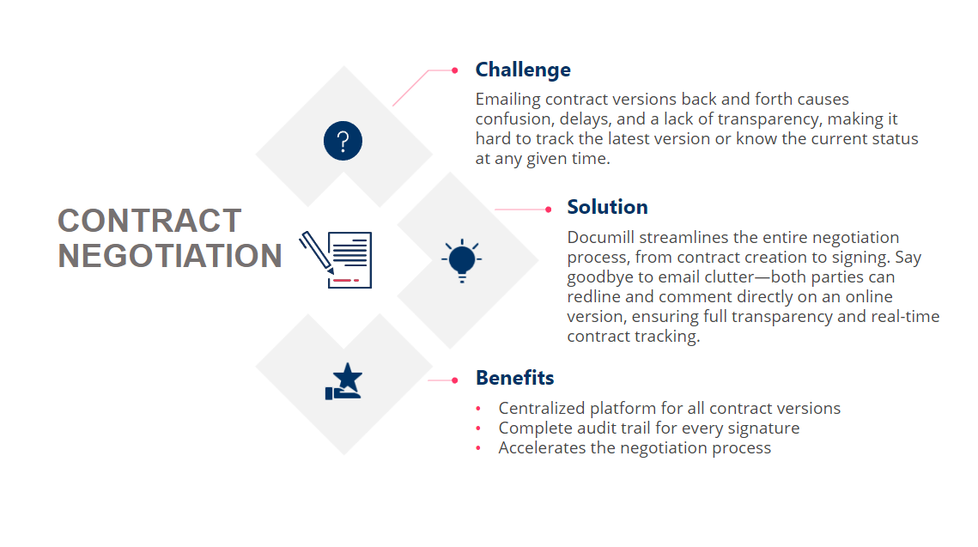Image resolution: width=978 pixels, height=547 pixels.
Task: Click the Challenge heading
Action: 523,70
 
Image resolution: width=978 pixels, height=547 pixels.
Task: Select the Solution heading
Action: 607,207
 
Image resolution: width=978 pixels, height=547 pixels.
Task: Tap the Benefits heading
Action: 514,378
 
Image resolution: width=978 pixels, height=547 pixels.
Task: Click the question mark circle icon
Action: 343,141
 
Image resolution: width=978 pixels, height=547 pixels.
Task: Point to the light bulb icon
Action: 461,260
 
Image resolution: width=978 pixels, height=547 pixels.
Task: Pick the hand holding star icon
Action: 344,381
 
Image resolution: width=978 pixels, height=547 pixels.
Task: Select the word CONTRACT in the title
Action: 149,221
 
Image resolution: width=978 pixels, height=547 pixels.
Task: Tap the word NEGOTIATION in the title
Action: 170,256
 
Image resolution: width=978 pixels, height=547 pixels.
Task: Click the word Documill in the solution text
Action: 604,237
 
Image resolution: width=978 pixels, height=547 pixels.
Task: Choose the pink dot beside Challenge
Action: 455,70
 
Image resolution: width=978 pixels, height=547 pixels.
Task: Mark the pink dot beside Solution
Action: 548,209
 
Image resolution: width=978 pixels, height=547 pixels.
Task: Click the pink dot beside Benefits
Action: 455,380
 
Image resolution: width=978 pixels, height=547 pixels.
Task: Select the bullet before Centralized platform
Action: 478,409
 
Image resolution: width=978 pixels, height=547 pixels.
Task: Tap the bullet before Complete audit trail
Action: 478,428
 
